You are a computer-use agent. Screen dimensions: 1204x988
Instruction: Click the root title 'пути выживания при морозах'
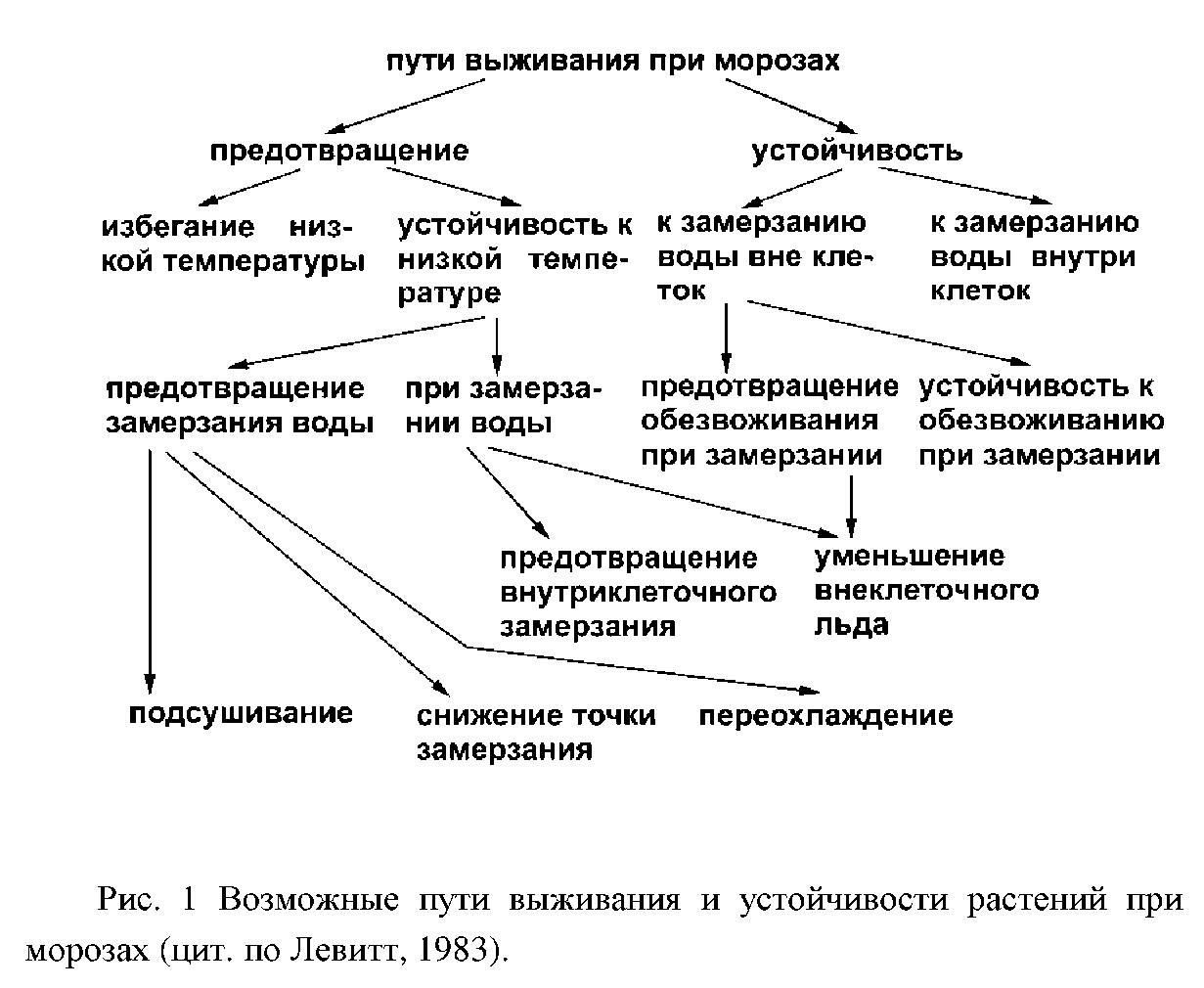click(613, 61)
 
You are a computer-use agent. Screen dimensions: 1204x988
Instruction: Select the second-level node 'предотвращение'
click(339, 152)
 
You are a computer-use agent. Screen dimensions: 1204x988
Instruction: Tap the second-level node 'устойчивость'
click(857, 152)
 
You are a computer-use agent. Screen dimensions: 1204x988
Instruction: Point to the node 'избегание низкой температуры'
click(233, 245)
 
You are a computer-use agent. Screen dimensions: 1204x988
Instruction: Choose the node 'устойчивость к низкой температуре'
click(514, 260)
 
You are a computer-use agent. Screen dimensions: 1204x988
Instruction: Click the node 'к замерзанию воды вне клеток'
click(765, 256)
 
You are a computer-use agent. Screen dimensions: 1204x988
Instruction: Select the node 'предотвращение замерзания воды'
click(240, 406)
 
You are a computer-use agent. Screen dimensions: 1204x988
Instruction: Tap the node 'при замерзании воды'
click(504, 406)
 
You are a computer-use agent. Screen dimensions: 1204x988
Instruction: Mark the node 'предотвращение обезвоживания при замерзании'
click(769, 421)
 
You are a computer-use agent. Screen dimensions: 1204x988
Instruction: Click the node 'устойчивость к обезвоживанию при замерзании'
click(1042, 421)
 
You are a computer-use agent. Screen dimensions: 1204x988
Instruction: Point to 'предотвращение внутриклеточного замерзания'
click(639, 592)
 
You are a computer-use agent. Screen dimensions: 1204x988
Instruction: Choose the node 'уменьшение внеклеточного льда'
click(926, 591)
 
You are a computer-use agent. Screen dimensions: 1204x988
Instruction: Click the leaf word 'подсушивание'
click(241, 714)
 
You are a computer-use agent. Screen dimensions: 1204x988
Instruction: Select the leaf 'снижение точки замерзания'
click(536, 733)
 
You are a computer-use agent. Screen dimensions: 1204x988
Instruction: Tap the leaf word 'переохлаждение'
click(825, 716)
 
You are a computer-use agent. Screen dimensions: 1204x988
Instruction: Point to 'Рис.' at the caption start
click(125, 899)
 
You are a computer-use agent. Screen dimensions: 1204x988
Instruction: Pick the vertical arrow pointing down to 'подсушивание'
click(150, 571)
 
